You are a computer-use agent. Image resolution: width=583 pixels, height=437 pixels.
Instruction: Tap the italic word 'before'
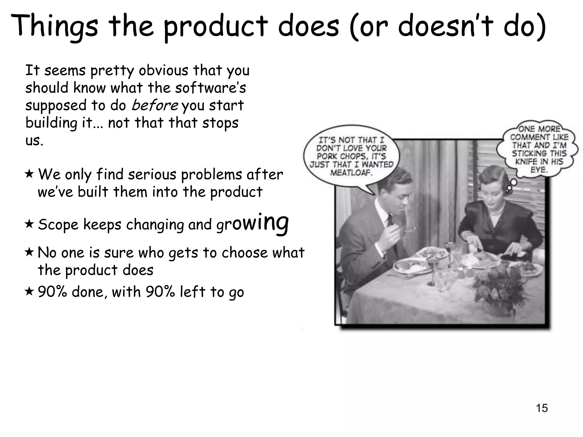click(155, 106)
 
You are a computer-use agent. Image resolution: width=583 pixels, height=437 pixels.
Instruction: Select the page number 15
click(542, 408)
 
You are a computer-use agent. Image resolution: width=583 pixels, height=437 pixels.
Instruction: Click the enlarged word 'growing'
click(253, 223)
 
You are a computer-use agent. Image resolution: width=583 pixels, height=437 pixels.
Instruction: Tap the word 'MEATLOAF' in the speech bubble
click(351, 172)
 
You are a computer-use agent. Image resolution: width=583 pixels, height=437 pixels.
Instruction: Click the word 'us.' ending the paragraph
click(34, 141)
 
